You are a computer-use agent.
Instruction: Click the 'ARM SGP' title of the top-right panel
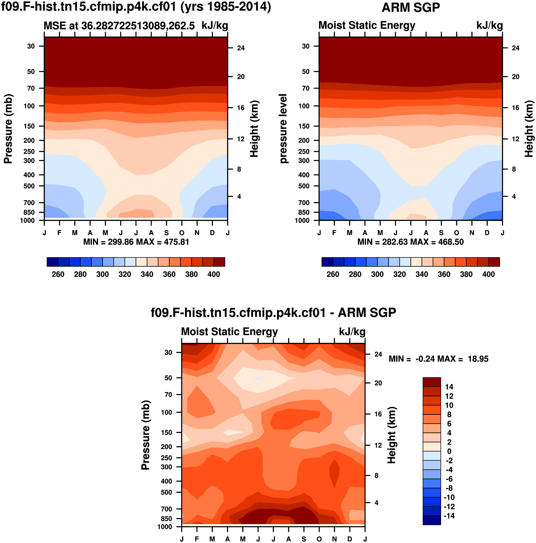click(x=410, y=7)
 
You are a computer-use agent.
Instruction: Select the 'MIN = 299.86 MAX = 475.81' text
click(x=136, y=242)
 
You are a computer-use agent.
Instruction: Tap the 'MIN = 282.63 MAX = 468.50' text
click(x=410, y=242)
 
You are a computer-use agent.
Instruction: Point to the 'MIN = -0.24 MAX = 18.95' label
click(x=438, y=359)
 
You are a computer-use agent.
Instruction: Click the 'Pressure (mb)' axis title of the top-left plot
click(x=8, y=129)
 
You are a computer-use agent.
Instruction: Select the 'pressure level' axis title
click(x=283, y=129)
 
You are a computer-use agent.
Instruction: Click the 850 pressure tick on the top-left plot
click(x=29, y=212)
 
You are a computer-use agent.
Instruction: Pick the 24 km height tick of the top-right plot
click(x=515, y=48)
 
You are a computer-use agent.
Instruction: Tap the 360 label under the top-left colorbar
click(x=169, y=274)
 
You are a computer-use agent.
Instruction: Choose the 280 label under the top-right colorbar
click(x=355, y=274)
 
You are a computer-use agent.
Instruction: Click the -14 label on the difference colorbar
click(x=449, y=516)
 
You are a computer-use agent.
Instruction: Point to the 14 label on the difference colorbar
click(x=449, y=387)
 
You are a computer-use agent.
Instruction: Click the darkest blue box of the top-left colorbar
click(x=52, y=262)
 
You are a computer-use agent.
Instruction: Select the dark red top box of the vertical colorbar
click(x=431, y=382)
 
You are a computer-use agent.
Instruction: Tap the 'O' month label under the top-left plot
click(x=182, y=233)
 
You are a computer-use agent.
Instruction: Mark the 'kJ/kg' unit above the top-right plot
click(x=489, y=26)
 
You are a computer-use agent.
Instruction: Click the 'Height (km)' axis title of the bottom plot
click(x=392, y=435)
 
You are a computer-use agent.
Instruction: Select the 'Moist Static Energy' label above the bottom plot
click(x=229, y=332)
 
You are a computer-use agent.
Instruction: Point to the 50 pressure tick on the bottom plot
click(x=168, y=378)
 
